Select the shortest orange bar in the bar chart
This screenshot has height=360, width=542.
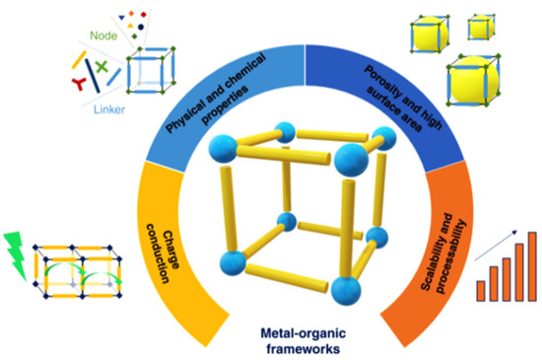click(480, 289)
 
